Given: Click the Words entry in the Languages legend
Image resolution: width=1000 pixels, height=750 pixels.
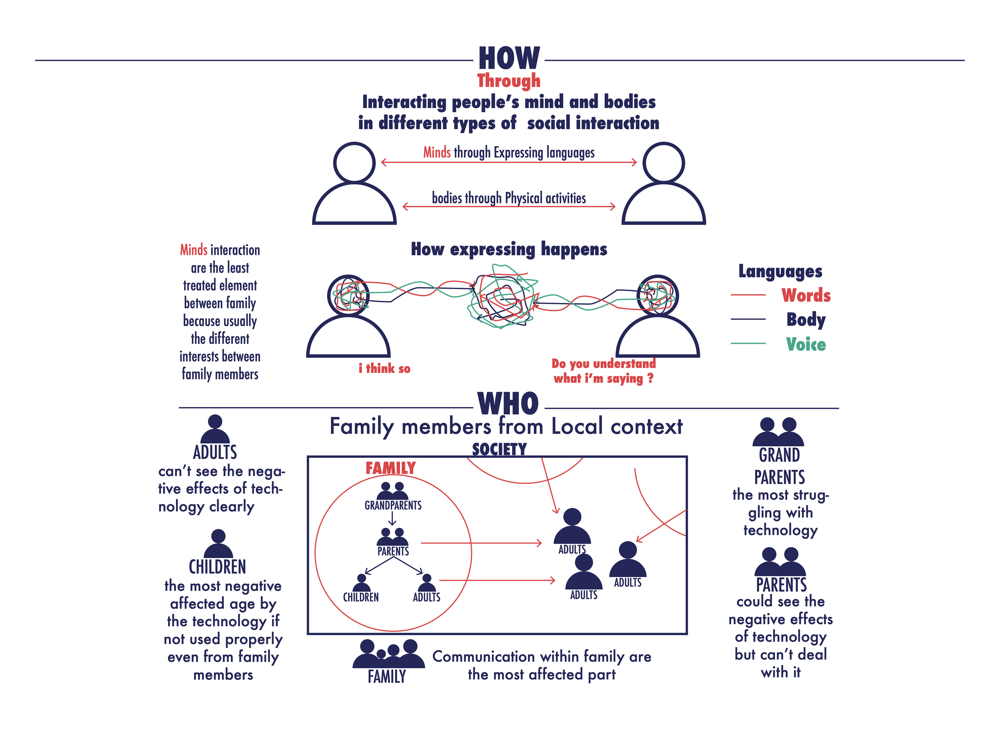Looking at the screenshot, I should pos(806,295).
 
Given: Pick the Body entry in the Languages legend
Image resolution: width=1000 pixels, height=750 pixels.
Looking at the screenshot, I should pos(806,319).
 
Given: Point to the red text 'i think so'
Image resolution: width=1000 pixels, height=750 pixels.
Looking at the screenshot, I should pos(384,368).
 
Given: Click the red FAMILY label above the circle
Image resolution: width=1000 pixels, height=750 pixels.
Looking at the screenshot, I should pos(390,468).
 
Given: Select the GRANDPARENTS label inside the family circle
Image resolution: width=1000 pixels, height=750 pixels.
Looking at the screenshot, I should pos(393,505).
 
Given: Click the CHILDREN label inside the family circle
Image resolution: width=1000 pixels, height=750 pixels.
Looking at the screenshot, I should pos(361,597).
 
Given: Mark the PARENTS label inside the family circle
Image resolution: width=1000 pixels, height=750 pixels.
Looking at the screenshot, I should pos(393,551).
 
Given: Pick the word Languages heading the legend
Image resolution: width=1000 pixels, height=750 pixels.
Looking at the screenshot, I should pos(780,271).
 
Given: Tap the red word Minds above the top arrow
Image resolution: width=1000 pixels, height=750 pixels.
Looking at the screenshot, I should pos(437,152).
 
